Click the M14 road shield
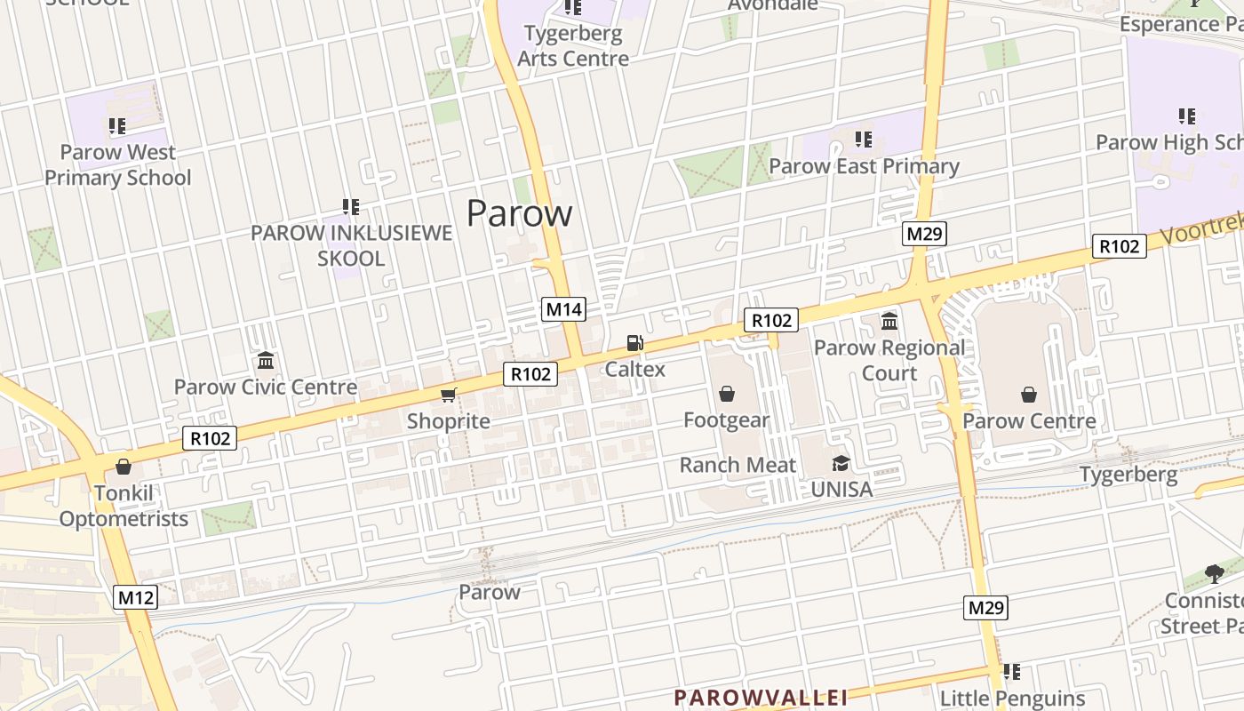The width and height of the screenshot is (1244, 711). tap(563, 309)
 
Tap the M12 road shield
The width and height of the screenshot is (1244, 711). tap(136, 597)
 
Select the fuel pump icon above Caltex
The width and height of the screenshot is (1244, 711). tap(634, 343)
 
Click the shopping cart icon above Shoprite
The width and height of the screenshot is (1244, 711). tap(449, 395)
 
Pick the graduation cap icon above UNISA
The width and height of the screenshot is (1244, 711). tap(841, 463)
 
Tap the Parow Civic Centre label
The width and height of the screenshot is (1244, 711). tap(266, 387)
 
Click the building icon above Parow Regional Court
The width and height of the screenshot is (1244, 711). tap(889, 321)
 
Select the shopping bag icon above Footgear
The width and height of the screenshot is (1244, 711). tap(727, 394)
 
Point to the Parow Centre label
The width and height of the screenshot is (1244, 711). tap(1029, 420)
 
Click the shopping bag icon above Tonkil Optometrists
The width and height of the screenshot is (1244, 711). tap(124, 467)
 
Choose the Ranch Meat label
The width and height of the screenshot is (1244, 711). tap(738, 465)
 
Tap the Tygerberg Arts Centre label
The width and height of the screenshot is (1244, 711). tap(573, 46)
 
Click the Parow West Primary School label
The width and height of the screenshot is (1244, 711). tap(118, 164)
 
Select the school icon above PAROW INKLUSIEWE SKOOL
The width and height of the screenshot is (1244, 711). tap(351, 207)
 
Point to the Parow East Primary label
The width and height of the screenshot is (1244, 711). tap(864, 166)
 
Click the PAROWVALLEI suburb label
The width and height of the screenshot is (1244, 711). tap(761, 697)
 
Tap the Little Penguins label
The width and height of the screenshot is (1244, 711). tap(1012, 699)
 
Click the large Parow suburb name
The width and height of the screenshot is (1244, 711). tap(520, 213)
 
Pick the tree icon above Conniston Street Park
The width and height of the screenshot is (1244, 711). tap(1214, 574)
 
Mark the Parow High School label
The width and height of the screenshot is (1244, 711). tap(1168, 142)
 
